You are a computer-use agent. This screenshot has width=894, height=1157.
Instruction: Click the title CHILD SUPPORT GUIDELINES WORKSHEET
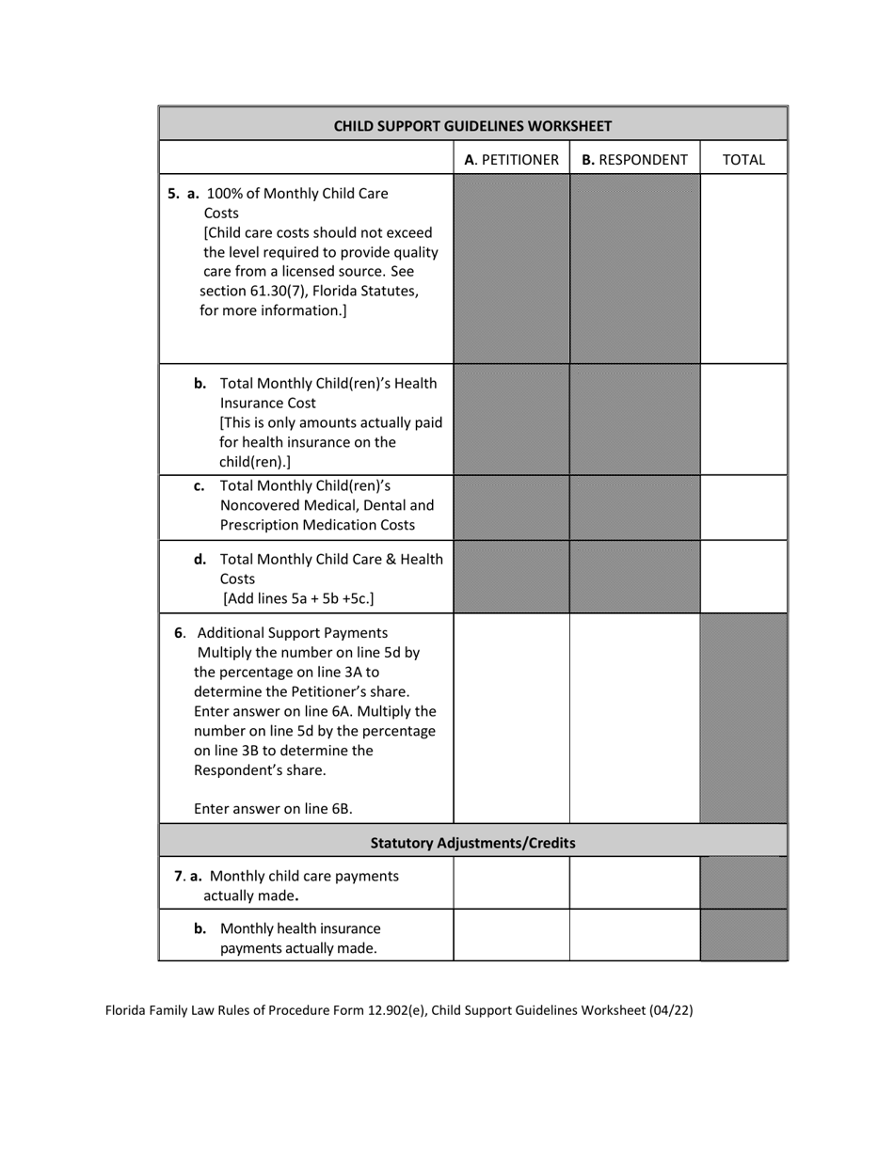[472, 125]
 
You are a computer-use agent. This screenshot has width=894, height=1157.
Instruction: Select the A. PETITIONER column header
[511, 160]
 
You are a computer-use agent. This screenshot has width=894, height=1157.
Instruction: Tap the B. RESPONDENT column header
[634, 160]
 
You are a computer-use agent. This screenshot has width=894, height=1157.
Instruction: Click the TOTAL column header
[743, 160]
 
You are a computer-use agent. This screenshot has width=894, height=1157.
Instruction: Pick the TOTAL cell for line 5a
[743, 269]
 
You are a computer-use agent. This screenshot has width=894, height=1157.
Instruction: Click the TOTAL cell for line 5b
[743, 420]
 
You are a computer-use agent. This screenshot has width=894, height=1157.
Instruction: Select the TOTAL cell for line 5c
[743, 507]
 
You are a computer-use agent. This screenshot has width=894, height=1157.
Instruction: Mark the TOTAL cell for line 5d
[743, 577]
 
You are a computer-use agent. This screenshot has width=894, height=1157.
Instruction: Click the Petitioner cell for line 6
[511, 719]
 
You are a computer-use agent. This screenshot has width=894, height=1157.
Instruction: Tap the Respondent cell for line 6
[634, 719]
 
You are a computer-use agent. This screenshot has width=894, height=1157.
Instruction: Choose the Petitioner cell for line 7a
[511, 882]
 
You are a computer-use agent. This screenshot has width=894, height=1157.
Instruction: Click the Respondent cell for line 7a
[634, 882]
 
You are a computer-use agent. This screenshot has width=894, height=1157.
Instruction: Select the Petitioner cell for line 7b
[511, 935]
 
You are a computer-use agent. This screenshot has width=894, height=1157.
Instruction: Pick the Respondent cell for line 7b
[634, 935]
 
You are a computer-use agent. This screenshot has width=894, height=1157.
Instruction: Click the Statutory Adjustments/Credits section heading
[472, 843]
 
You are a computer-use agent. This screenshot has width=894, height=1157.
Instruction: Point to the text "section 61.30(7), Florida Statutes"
[310, 291]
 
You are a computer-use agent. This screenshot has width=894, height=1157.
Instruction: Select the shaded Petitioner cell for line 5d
[511, 577]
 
